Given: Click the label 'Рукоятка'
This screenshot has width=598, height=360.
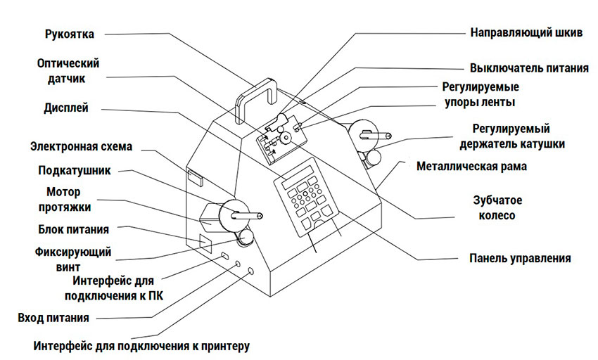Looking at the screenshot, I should point(68,34).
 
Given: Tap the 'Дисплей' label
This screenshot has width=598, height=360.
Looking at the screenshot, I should point(65,108).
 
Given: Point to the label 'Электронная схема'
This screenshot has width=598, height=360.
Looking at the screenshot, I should point(81,147).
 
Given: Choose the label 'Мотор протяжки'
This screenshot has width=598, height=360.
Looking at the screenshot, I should point(68,199).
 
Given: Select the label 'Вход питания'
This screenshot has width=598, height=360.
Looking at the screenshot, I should point(53,318).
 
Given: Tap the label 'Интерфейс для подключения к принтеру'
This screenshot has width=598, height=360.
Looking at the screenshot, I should point(141,346).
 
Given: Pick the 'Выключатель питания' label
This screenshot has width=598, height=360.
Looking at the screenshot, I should point(529,68).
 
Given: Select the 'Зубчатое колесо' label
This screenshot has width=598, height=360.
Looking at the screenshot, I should point(497,207).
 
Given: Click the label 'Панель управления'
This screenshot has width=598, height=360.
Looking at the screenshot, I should point(520,258).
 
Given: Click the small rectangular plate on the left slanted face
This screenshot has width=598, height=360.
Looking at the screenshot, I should point(195,176).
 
